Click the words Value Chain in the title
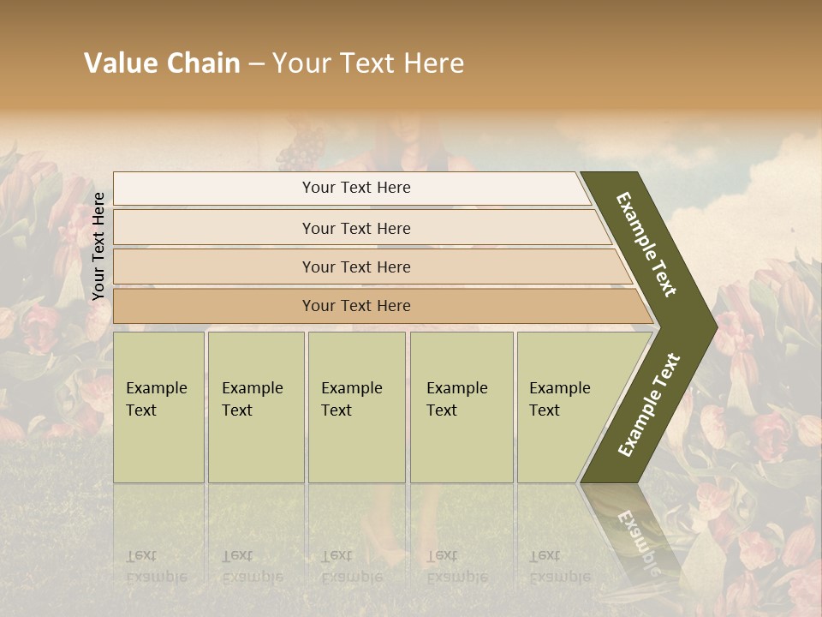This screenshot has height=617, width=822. (162, 63)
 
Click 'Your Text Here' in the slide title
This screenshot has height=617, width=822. (368, 63)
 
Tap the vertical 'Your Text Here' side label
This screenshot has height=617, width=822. (98, 246)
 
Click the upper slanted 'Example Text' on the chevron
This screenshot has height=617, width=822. (646, 244)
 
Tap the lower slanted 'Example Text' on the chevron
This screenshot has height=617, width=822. (649, 405)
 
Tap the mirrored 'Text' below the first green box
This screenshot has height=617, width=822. (141, 555)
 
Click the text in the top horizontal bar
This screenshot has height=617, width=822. (356, 188)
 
